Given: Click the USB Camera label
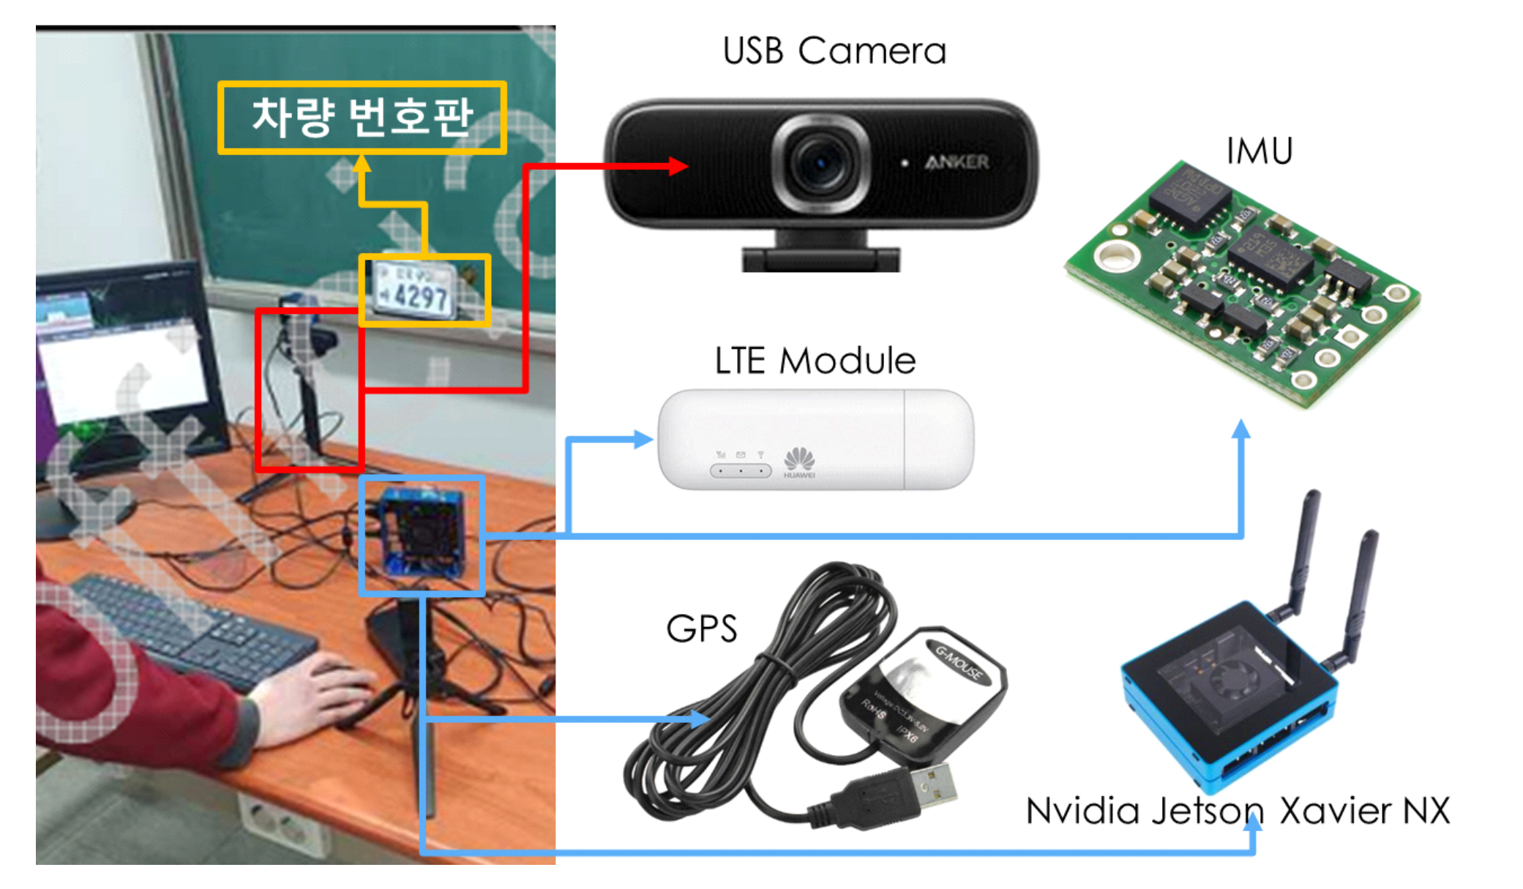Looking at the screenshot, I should point(834,51).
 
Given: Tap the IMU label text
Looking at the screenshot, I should point(1259,151).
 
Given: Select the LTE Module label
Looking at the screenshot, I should point(815,361).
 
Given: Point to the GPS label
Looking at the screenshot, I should point(701,629).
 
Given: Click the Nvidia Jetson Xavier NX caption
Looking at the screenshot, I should point(1237,811).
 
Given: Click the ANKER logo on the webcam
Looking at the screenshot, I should point(957,162).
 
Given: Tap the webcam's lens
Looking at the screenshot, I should point(820,162).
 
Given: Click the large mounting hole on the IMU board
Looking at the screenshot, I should point(1114,255).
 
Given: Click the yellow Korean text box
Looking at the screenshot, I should point(362,117).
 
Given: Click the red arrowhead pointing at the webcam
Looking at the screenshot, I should point(678,166).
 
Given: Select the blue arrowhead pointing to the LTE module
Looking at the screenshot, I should point(643,439).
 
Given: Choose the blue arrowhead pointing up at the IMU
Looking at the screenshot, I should point(1241,430).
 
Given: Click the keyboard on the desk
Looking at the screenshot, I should point(190,629).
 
